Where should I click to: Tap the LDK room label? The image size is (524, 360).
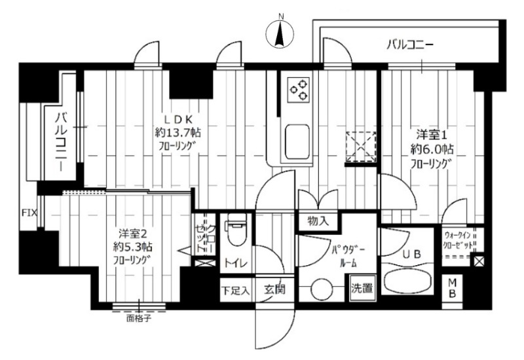(177, 120)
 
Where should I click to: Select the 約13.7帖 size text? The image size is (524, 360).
(177, 133)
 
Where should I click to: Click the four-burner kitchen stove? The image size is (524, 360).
(298, 89)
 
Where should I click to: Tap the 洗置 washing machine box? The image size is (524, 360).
(360, 288)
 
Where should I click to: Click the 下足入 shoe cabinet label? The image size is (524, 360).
(234, 290)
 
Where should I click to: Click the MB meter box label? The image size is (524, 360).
(453, 289)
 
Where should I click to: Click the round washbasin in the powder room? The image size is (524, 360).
(321, 288)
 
